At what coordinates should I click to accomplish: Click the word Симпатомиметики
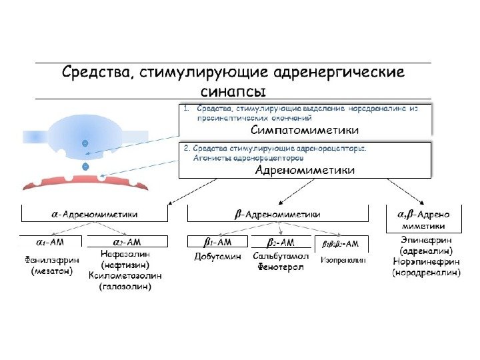coord(306,129)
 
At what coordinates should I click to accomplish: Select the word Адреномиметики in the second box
coord(306,171)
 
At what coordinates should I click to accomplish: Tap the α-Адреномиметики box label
coord(95,214)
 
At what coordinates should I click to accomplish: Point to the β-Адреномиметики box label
coord(278,214)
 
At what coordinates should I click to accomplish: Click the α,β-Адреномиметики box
coord(424,219)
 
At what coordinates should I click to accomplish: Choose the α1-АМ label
coord(50,242)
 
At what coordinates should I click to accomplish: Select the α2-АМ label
coord(125,242)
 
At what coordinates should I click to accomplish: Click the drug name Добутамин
coord(217,257)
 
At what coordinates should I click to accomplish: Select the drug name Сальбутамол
coord(281,257)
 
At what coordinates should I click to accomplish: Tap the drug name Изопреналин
coord(344,257)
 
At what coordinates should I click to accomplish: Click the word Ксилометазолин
coord(125,275)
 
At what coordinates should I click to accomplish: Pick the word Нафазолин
coord(125,254)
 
